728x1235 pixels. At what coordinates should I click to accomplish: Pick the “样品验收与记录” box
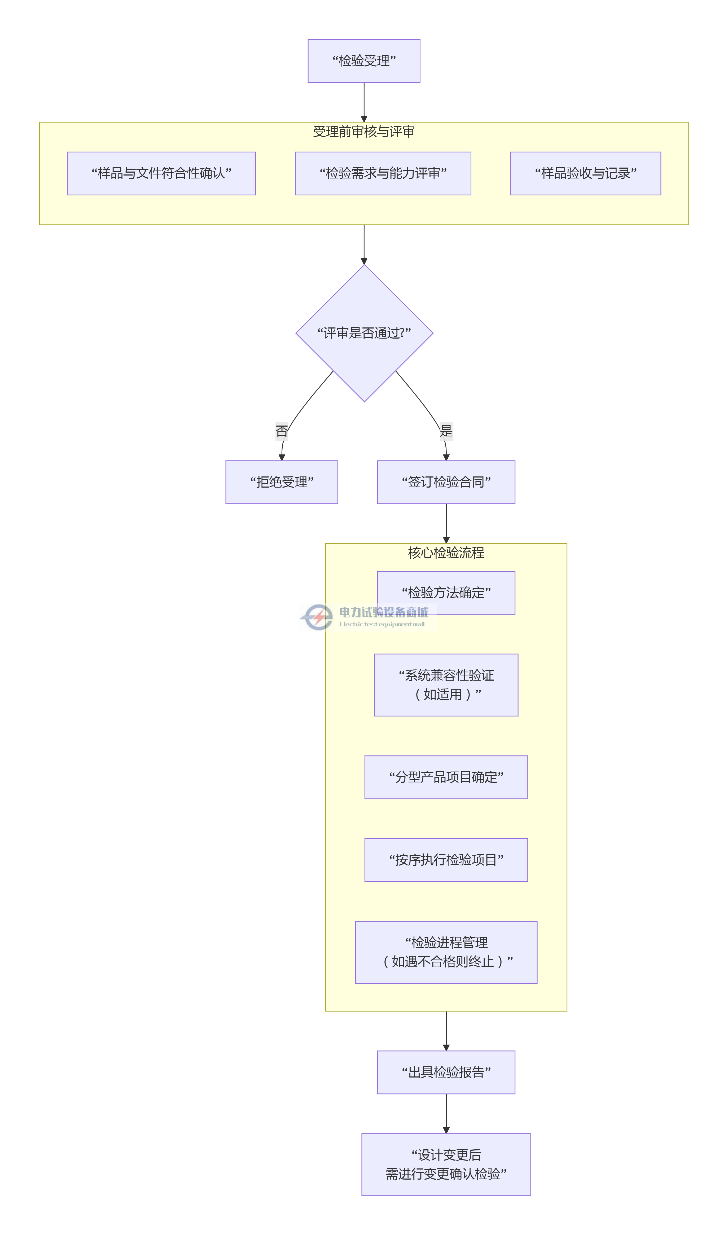tap(585, 173)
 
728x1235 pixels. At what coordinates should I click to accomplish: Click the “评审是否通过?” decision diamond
tap(364, 333)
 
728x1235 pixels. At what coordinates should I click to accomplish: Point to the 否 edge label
tap(282, 431)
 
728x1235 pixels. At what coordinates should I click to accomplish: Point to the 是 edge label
tap(446, 431)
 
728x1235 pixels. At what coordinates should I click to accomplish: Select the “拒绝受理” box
tap(282, 482)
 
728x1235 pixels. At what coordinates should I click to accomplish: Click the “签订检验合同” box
tap(446, 482)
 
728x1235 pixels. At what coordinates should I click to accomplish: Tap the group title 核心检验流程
tap(446, 553)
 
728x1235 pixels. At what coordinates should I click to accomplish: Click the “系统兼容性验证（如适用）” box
tap(446, 685)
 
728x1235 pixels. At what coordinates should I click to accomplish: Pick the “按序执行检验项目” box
tap(446, 860)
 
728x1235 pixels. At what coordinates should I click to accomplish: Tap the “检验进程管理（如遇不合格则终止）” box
tap(446, 952)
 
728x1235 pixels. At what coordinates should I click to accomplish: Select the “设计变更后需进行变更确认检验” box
tap(446, 1164)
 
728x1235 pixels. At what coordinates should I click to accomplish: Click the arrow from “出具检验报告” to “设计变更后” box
tap(446, 1113)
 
